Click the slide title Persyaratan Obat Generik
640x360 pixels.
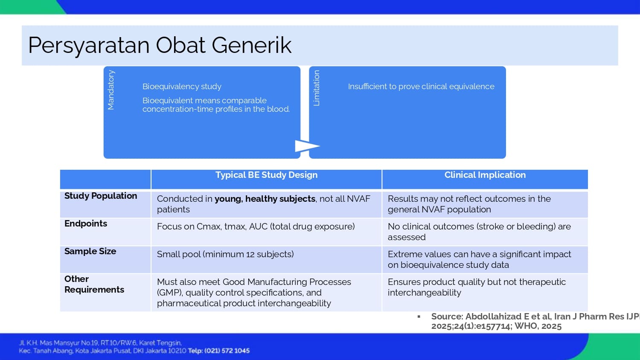pyautogui.click(x=160, y=46)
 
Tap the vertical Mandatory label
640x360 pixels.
pyautogui.click(x=111, y=90)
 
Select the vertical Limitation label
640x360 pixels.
pyautogui.click(x=316, y=88)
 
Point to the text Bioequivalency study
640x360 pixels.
pyautogui.click(x=182, y=86)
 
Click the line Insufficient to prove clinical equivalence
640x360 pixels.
pyautogui.click(x=421, y=86)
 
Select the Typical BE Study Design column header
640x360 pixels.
pyautogui.click(x=266, y=175)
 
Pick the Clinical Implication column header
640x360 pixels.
pyautogui.click(x=485, y=175)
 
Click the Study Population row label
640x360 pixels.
pyautogui.click(x=101, y=196)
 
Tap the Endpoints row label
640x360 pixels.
pyautogui.click(x=86, y=224)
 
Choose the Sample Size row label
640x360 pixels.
pyautogui.click(x=90, y=251)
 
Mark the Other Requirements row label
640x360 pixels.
pyautogui.click(x=94, y=284)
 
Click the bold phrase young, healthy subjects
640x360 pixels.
pyautogui.click(x=265, y=199)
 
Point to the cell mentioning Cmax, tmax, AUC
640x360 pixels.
pyautogui.click(x=256, y=226)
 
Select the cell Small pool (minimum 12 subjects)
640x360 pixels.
pyautogui.click(x=225, y=254)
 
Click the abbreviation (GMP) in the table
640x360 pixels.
pyautogui.click(x=170, y=293)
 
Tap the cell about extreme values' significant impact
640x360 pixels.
pyautogui.click(x=479, y=259)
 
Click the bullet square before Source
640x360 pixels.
pyautogui.click(x=419, y=316)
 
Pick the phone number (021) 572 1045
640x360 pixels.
pyautogui.click(x=227, y=351)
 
